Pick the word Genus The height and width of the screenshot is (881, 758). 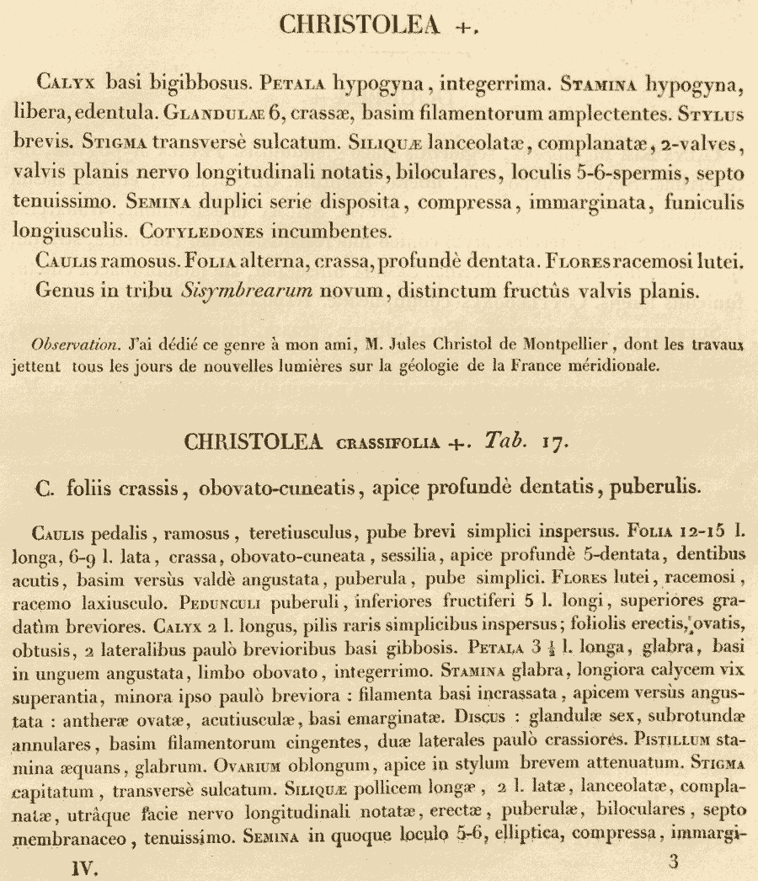pyautogui.click(x=61, y=291)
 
